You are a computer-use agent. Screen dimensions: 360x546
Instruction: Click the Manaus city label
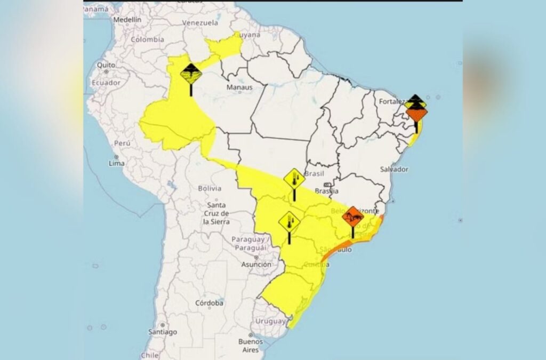pos(239,87)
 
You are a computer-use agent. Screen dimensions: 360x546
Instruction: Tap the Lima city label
pos(116,163)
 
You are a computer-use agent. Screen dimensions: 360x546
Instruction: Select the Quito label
pos(106,65)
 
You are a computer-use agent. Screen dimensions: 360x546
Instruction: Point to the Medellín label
pos(127,19)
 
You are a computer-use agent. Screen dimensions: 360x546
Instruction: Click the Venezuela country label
pos(200,23)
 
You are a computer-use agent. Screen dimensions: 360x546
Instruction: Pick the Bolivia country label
pos(209,188)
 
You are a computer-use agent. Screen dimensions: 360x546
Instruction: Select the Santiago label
pos(163,332)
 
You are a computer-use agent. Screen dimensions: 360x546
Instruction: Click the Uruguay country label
pos(270,321)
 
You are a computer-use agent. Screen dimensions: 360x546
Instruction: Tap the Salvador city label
pos(395,169)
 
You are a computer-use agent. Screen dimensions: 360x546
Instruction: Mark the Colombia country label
pos(147,39)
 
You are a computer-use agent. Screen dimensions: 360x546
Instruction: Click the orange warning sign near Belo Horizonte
pos(353,217)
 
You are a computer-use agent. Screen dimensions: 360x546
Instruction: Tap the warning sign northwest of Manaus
pos(191,73)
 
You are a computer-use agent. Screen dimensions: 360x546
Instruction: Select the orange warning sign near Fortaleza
pos(416,114)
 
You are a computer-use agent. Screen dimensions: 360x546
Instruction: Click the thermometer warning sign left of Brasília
pos(294,179)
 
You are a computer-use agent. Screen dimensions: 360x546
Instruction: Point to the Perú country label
pos(122,143)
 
